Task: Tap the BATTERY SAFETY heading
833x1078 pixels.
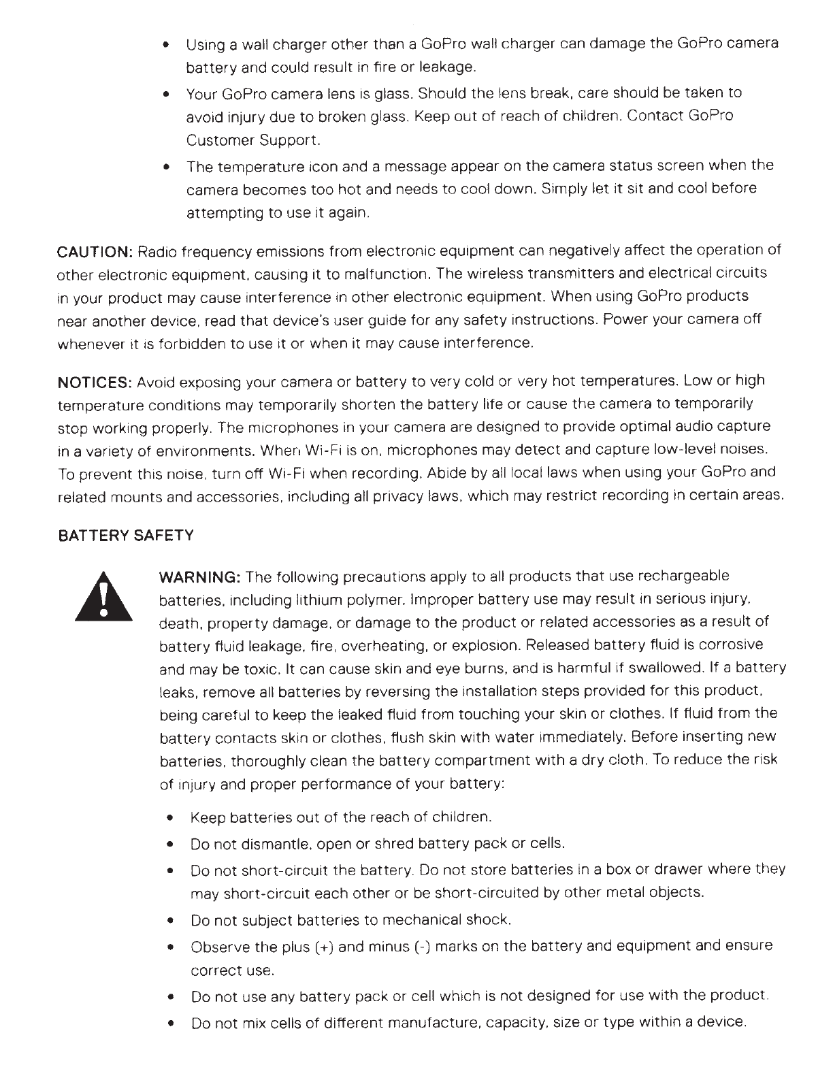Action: pyautogui.click(x=125, y=536)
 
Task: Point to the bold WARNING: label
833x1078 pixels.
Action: pyautogui.click(x=198, y=578)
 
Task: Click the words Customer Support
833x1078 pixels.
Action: pyautogui.click(x=252, y=141)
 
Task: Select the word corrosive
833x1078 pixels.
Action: pyautogui.click(x=732, y=644)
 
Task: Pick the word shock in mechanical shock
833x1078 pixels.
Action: pyautogui.click(x=487, y=921)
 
